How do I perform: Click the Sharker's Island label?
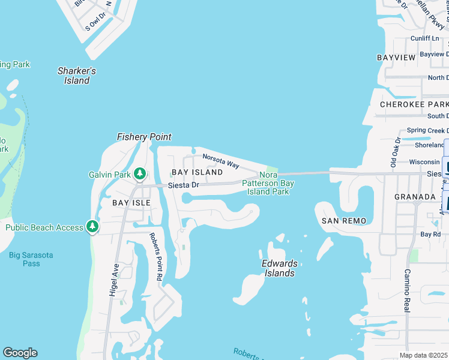[76, 76]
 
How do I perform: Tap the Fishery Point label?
[144, 137]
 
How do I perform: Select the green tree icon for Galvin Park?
[140, 173]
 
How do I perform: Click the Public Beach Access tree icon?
[92, 227]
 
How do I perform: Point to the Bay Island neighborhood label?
[197, 172]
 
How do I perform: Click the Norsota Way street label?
[221, 160]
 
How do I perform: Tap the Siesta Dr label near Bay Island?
[183, 185]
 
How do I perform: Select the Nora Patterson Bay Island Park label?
[268, 183]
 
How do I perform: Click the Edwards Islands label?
[278, 268]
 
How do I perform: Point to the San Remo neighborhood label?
[344, 221]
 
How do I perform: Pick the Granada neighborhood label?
[415, 197]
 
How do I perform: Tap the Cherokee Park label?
[414, 104]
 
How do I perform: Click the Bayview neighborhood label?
[396, 58]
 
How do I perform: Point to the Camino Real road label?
[406, 291]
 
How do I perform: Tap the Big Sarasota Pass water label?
[31, 259]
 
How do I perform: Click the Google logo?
[20, 353]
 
